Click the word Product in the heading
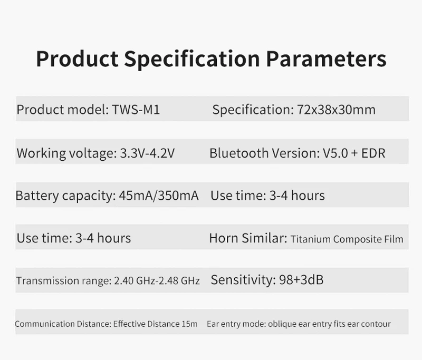tap(77, 59)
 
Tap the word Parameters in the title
tap(326, 59)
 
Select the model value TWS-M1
tap(136, 110)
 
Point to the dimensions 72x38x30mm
tap(336, 110)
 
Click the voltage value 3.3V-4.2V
tap(147, 153)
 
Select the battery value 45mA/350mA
tap(159, 196)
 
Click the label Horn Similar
tap(248, 238)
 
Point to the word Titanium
tap(311, 239)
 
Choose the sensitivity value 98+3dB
tap(301, 280)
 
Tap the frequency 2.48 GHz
tap(179, 281)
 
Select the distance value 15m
tap(189, 324)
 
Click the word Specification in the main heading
tap(192, 59)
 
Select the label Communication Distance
tap(63, 324)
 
